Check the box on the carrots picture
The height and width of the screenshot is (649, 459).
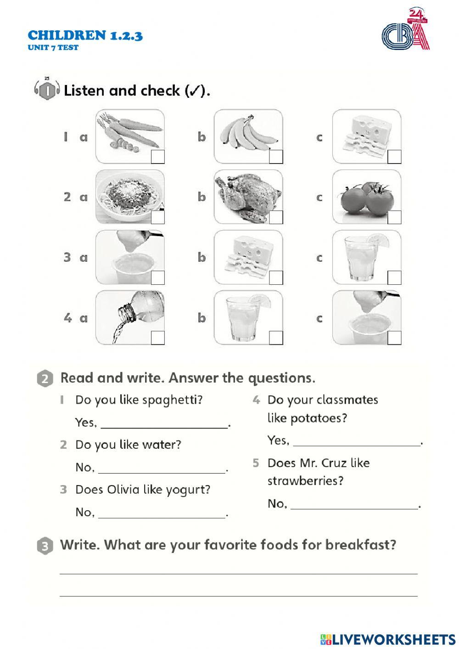tap(157, 157)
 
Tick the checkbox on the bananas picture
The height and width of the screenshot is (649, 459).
tap(276, 157)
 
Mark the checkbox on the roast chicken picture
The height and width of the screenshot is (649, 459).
tap(276, 217)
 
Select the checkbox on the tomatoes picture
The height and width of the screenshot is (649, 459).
tap(394, 217)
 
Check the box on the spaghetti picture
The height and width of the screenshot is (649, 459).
tap(157, 217)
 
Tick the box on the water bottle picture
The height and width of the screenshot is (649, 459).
tap(157, 338)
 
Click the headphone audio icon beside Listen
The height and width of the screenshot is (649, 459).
tap(47, 90)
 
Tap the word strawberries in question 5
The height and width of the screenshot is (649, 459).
tap(305, 481)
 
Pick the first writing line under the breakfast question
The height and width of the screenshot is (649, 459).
tap(239, 573)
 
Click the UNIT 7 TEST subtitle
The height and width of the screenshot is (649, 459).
tap(53, 47)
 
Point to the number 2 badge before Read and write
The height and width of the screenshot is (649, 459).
tap(44, 379)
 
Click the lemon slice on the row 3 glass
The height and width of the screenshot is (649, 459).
tap(380, 239)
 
